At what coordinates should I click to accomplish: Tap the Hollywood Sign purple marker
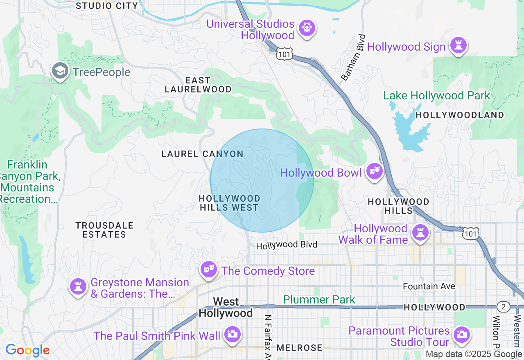click(458, 45)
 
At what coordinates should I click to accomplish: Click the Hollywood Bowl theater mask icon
click(374, 171)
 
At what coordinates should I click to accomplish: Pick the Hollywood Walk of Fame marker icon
click(420, 233)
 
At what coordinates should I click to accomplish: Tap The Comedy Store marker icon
click(209, 270)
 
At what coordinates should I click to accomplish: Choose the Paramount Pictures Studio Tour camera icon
click(461, 335)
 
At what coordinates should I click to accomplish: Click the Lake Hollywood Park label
click(436, 96)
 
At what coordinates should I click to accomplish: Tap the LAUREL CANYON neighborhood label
click(202, 154)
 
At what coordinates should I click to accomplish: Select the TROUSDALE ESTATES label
click(104, 230)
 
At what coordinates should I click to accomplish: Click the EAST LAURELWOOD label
click(198, 85)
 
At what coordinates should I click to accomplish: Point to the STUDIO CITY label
click(107, 6)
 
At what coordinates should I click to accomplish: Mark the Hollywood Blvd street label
click(287, 245)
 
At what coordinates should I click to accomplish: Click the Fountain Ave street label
click(429, 286)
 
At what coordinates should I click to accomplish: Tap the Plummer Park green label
click(319, 299)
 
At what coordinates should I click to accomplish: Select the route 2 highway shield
click(503, 307)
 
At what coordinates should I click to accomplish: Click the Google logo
click(27, 351)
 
